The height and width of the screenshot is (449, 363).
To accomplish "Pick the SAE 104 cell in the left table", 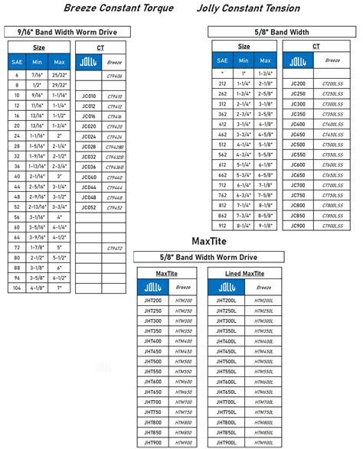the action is (17, 288).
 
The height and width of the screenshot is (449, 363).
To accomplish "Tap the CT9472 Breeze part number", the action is (114, 248).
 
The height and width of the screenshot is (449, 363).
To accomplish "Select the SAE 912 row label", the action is (222, 226).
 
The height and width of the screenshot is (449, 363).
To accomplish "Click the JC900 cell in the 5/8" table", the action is (299, 226).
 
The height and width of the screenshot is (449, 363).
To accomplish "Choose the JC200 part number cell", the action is (299, 83).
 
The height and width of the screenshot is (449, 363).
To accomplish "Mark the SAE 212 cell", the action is (222, 83).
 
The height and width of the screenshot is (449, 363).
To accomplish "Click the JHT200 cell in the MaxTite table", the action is (152, 301).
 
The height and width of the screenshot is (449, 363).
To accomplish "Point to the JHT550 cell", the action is (152, 372).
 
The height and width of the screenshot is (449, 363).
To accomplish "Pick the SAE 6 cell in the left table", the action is (17, 76).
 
